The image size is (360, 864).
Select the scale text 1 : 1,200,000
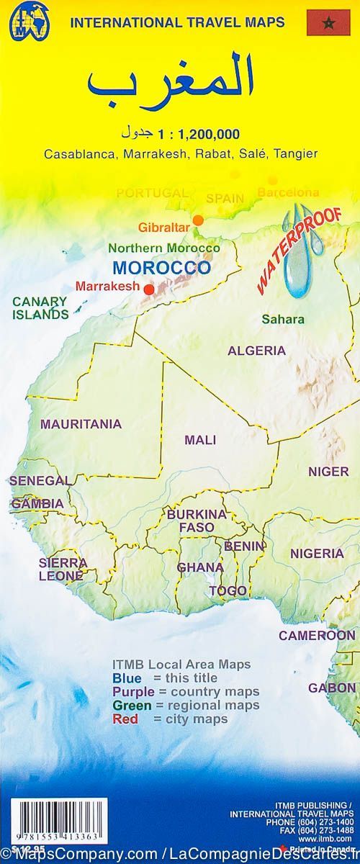point(203,133)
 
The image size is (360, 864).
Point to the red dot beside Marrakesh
point(149,289)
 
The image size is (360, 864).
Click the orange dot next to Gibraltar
point(197,220)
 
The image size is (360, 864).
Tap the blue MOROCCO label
point(162,267)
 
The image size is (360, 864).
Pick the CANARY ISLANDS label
point(40,307)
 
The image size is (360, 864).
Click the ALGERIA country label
point(256,351)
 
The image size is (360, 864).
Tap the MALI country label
point(200,439)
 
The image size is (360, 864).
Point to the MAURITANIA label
point(81,424)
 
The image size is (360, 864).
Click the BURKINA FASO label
point(197,521)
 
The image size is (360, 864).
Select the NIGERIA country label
point(317,554)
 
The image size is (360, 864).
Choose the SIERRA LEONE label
point(63,569)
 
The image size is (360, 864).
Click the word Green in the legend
point(128,705)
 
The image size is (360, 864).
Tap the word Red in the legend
point(124,719)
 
